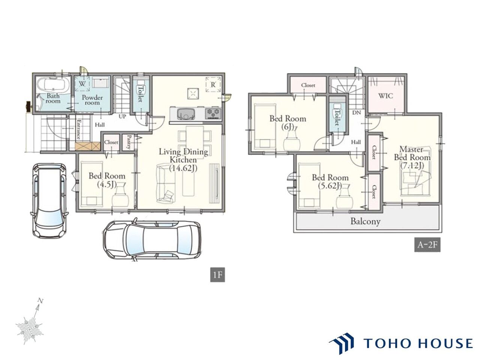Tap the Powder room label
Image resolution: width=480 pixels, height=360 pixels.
[x=92, y=100]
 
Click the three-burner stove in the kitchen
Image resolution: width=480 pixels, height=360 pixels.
[x=213, y=114]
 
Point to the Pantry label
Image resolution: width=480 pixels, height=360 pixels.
[x=129, y=142]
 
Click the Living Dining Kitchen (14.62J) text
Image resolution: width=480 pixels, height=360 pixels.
[x=183, y=160]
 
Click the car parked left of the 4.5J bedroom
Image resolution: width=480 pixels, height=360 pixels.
[x=49, y=200]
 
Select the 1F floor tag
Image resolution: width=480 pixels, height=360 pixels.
[x=217, y=275]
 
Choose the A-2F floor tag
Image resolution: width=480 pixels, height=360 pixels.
[x=427, y=244]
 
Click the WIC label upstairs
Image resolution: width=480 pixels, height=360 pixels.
[x=385, y=96]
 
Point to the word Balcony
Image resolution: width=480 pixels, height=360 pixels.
[x=365, y=221]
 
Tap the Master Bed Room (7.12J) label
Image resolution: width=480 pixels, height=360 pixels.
[x=412, y=157]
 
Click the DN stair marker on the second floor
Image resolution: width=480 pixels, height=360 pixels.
[x=357, y=113]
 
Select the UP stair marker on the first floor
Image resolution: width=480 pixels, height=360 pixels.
[x=123, y=117]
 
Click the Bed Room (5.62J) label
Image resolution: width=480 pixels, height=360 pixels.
[x=330, y=181]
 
